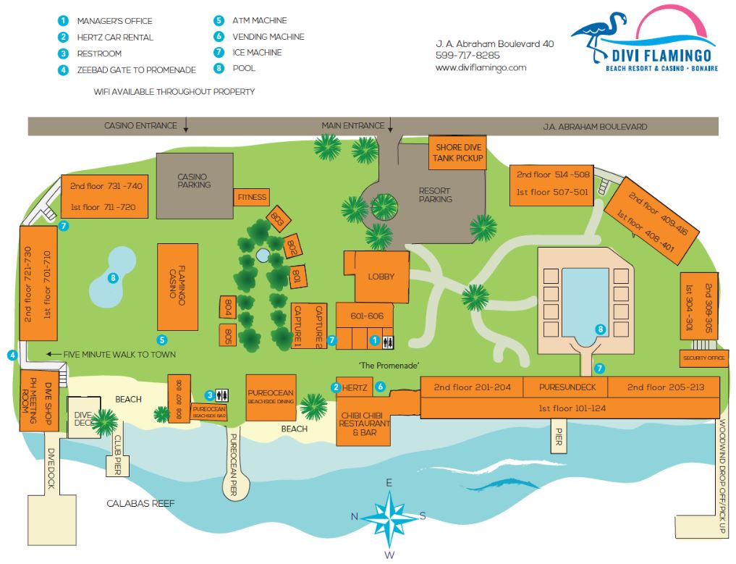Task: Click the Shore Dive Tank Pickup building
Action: coord(457,153)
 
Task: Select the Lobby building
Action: coord(381,277)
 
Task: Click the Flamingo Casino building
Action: coord(178,287)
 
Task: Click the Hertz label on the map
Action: coord(358,388)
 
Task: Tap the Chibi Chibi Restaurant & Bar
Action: coord(365,423)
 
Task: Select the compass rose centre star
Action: coord(389,518)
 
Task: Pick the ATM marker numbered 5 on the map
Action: coord(163,339)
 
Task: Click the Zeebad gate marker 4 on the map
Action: coord(12,355)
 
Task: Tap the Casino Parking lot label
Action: coord(194,180)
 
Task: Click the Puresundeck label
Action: coord(563,387)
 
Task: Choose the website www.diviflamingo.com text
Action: coord(481,67)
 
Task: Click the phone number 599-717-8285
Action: coord(468,56)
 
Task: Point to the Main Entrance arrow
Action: coord(390,126)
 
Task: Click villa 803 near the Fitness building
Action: coord(276,216)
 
